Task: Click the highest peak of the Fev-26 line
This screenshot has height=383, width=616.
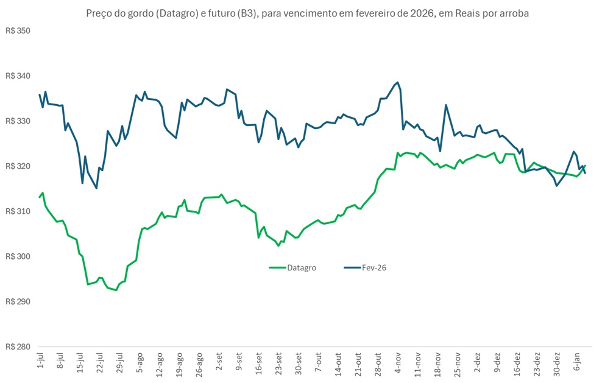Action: pos(397,82)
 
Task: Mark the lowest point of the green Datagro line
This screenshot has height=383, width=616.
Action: pos(116,290)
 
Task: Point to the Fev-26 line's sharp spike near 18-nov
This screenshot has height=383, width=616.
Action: pos(446,105)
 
